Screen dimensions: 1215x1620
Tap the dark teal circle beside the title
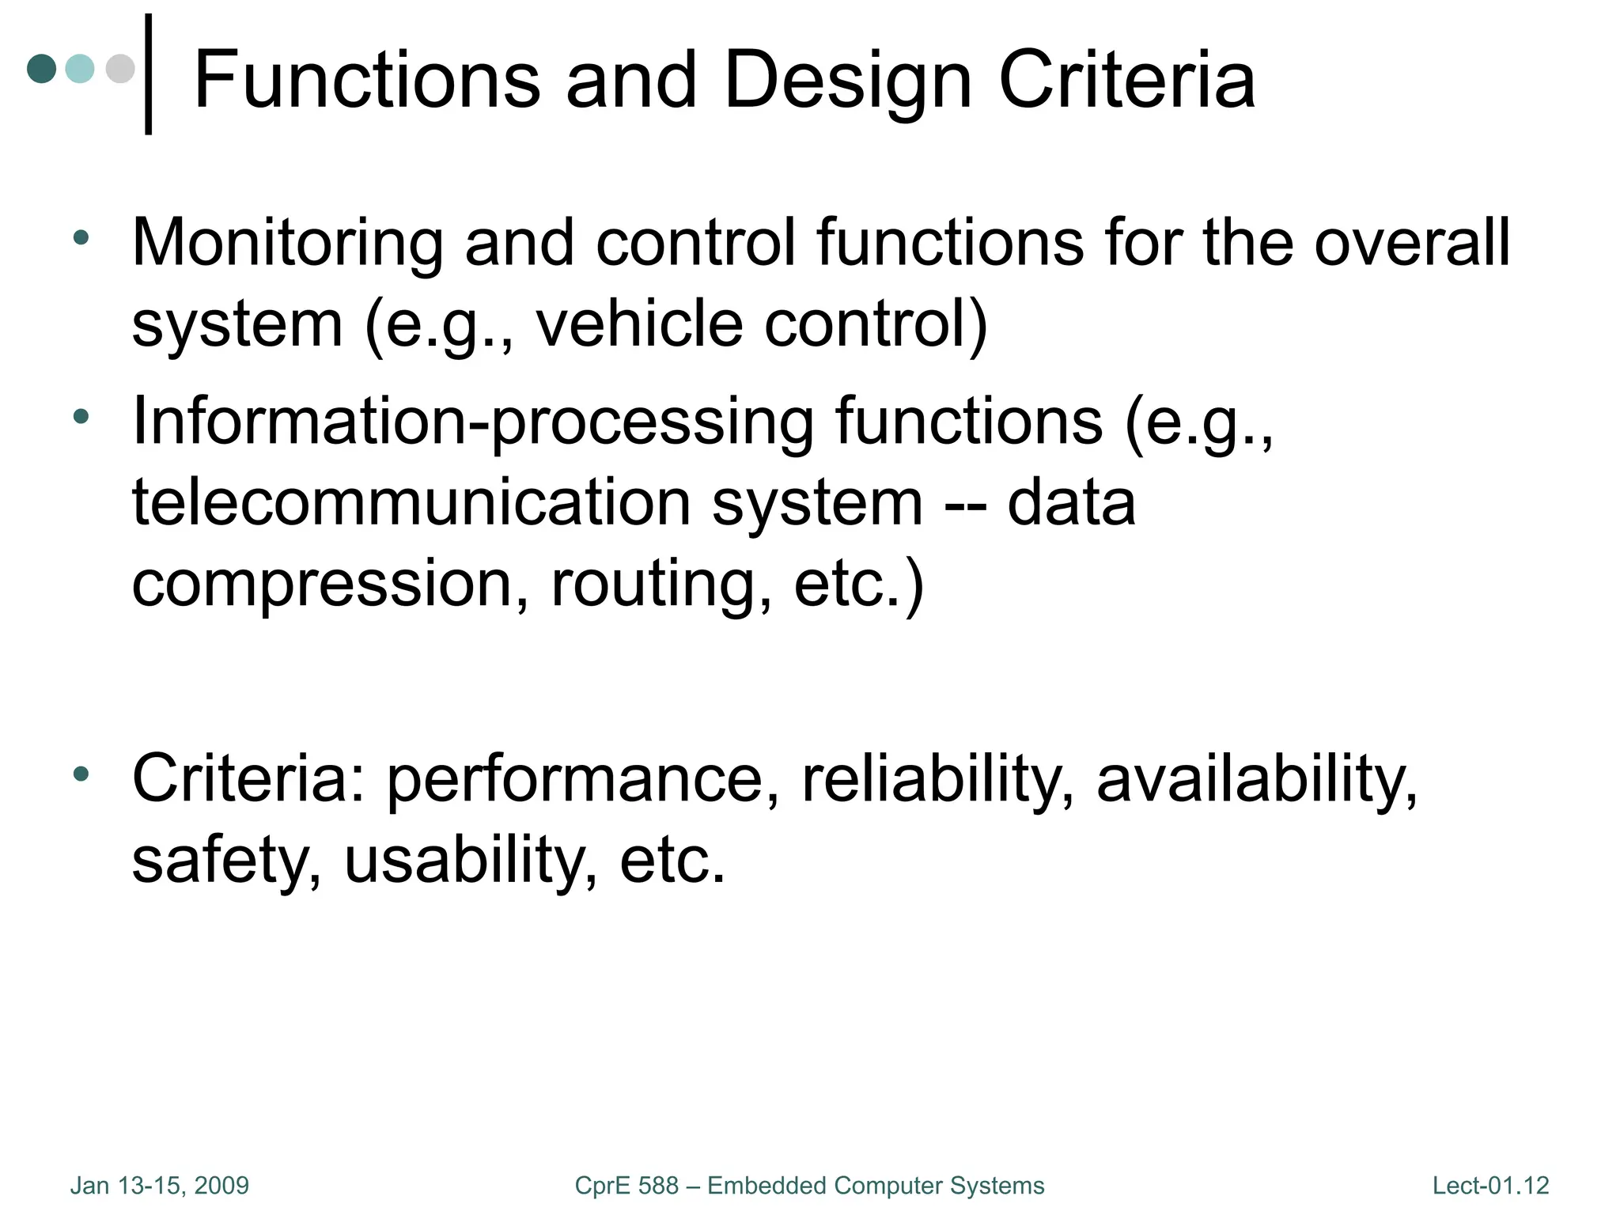point(42,69)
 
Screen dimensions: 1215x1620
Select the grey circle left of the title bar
point(120,69)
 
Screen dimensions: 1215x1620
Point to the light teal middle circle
point(80,69)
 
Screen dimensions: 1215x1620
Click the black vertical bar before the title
point(149,74)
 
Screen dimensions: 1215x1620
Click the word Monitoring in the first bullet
point(287,244)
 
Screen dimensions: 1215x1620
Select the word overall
point(1412,242)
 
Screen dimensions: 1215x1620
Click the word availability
point(1257,780)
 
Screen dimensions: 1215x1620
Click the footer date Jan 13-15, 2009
point(160,1186)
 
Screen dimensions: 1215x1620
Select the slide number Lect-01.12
point(1490,1186)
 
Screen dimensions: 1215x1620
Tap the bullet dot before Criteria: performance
point(81,774)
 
